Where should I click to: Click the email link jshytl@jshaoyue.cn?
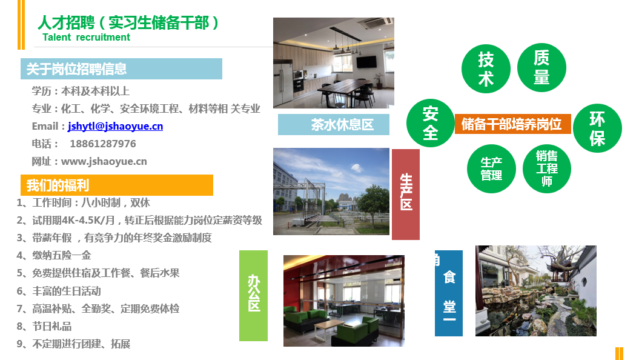tap(115, 127)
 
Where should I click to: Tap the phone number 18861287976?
tap(103, 144)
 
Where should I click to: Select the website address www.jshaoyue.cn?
tap(104, 161)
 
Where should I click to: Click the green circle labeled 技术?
tap(486, 69)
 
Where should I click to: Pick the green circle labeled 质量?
tap(541, 68)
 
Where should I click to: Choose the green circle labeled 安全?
tap(431, 123)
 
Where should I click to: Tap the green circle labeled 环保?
tap(597, 128)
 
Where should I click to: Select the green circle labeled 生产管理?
tap(491, 169)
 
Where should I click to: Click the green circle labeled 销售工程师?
tap(547, 169)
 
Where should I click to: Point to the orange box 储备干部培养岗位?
tap(512, 124)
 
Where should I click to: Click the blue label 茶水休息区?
tap(333, 124)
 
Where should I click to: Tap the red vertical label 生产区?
tap(406, 194)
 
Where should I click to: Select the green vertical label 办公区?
tap(254, 296)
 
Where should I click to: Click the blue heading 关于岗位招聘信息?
tap(122, 68)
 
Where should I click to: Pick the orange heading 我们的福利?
tap(117, 185)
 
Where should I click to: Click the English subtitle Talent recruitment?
tap(87, 38)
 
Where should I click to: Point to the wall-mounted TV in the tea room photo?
tap(366, 62)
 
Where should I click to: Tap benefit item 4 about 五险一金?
tap(54, 256)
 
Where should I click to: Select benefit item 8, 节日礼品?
tap(44, 327)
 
